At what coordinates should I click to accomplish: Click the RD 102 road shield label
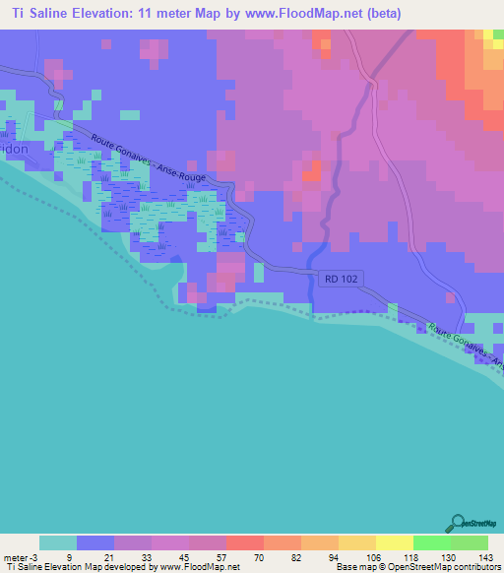[341, 279]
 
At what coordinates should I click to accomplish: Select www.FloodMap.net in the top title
[310, 14]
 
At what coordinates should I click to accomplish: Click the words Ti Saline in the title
[36, 14]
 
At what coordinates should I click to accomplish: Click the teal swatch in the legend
[58, 542]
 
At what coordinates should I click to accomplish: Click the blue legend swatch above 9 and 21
[95, 542]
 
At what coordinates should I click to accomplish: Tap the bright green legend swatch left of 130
[431, 542]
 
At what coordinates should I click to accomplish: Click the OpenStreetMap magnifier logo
[460, 523]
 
